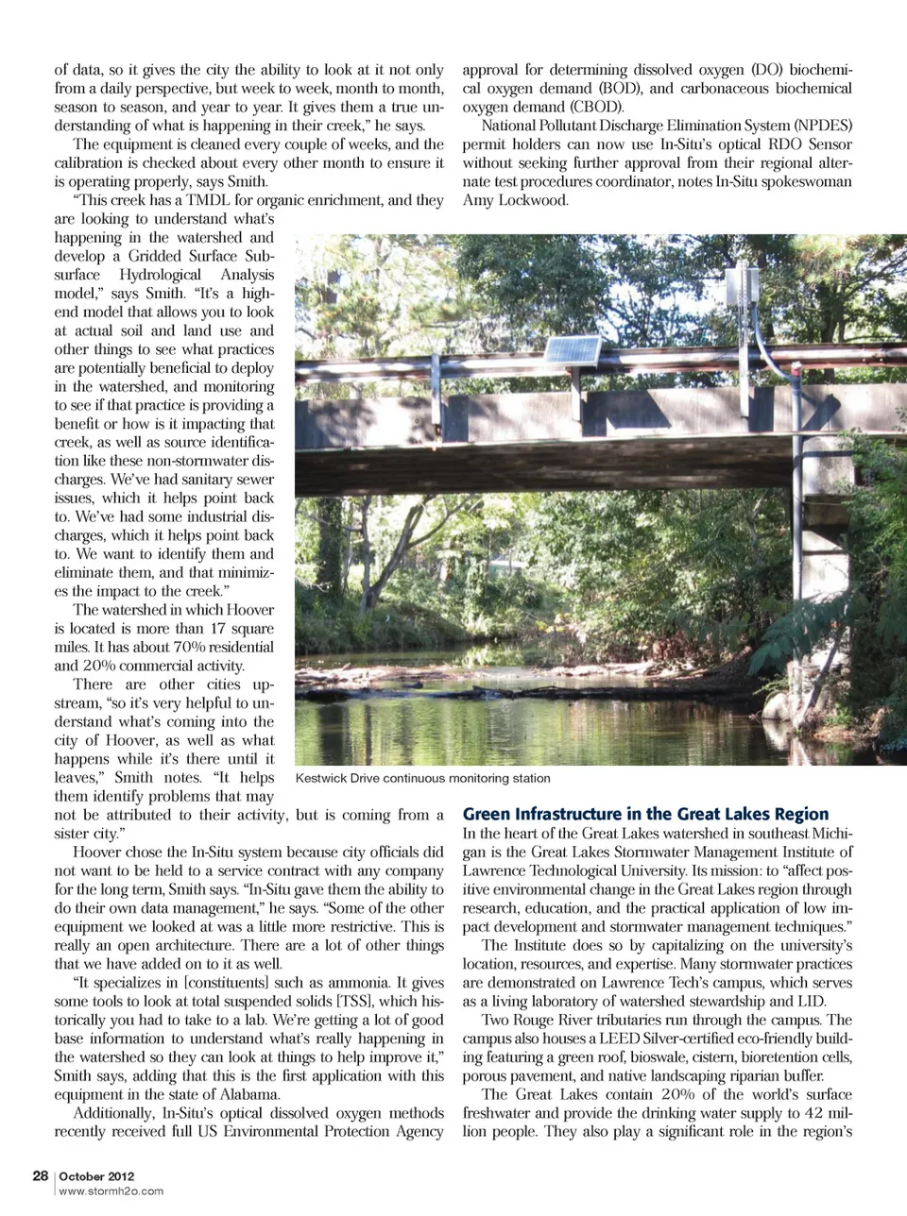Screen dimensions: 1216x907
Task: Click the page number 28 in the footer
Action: click(x=40, y=1175)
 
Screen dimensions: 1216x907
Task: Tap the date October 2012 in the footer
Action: click(x=96, y=1176)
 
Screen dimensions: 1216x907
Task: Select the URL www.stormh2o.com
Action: click(x=111, y=1191)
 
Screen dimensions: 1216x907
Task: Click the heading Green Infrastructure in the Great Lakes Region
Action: click(x=645, y=814)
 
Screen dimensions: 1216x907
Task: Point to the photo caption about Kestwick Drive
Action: click(x=422, y=778)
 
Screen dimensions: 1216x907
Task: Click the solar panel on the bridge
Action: click(x=571, y=350)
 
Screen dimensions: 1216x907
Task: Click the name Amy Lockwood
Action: click(x=515, y=200)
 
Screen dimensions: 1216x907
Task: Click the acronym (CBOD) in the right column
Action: click(x=595, y=107)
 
